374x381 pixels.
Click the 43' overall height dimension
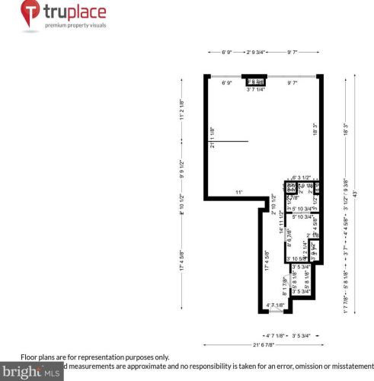coord(353,197)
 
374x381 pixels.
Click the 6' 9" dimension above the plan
coord(226,53)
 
